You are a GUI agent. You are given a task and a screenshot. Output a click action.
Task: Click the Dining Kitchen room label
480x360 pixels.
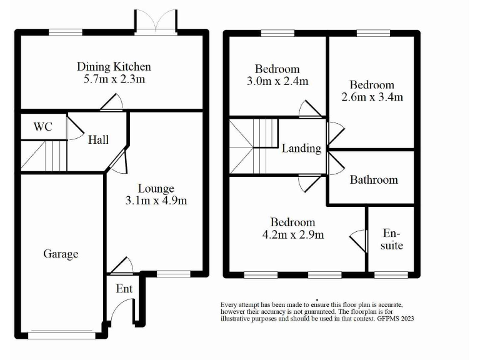pyautogui.click(x=114, y=66)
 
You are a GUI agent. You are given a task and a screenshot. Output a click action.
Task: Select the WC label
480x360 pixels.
pyautogui.click(x=42, y=127)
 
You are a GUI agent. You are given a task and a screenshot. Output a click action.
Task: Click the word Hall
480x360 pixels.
pyautogui.click(x=98, y=139)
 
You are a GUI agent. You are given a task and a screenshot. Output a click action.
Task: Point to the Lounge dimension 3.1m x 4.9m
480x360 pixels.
pyautogui.click(x=156, y=201)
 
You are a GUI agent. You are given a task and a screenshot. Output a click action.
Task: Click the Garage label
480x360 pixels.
pyautogui.click(x=61, y=254)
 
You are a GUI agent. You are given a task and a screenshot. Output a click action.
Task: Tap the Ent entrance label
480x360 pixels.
pyautogui.click(x=124, y=289)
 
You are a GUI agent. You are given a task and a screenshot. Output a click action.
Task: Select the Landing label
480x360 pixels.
pyautogui.click(x=301, y=149)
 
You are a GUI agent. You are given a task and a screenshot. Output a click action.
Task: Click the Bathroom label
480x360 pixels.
pyautogui.click(x=374, y=180)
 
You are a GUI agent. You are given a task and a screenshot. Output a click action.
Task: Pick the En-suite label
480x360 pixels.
pyautogui.click(x=392, y=239)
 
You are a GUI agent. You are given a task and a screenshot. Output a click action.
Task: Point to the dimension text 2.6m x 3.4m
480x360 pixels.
pyautogui.click(x=372, y=97)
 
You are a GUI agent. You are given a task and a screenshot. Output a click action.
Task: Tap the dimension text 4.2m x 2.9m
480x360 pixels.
pyautogui.click(x=292, y=235)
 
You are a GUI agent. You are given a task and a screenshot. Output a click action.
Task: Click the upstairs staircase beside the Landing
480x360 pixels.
pyautogui.click(x=253, y=147)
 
